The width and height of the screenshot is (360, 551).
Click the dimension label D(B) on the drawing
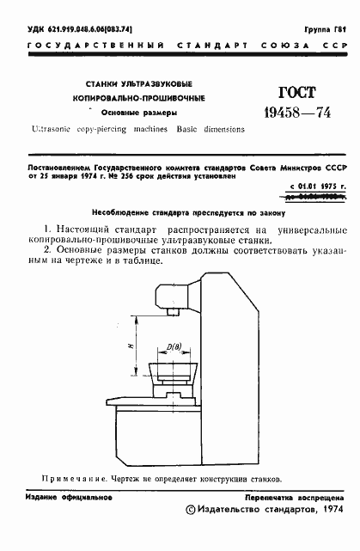pyautogui.click(x=175, y=346)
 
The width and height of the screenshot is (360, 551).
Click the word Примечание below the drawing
pyautogui.click(x=70, y=478)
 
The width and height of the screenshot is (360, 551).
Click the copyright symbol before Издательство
pyautogui.click(x=190, y=511)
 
